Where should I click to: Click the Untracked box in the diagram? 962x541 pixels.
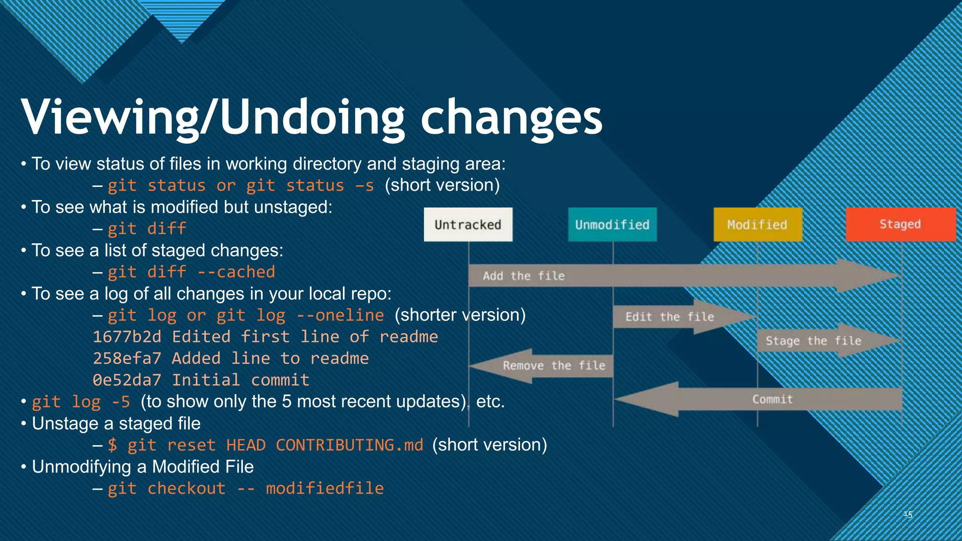click(468, 224)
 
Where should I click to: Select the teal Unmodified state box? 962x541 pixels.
click(612, 224)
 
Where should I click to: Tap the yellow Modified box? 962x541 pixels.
click(757, 224)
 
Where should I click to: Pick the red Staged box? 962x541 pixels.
click(900, 224)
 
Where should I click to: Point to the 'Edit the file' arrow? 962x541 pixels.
click(676, 317)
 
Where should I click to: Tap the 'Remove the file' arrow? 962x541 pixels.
click(550, 366)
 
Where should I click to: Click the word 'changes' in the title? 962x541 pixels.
click(511, 117)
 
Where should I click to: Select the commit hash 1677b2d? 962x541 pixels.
click(127, 337)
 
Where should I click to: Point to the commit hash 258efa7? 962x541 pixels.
click(127, 358)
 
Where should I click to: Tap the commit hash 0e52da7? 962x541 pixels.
click(127, 380)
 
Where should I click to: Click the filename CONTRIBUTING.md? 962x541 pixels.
click(349, 445)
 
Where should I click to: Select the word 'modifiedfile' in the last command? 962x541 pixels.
click(325, 488)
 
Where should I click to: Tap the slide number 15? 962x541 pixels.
click(908, 514)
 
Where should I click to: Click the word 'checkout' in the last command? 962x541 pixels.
click(186, 488)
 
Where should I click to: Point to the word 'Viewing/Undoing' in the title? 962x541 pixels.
click(212, 117)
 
